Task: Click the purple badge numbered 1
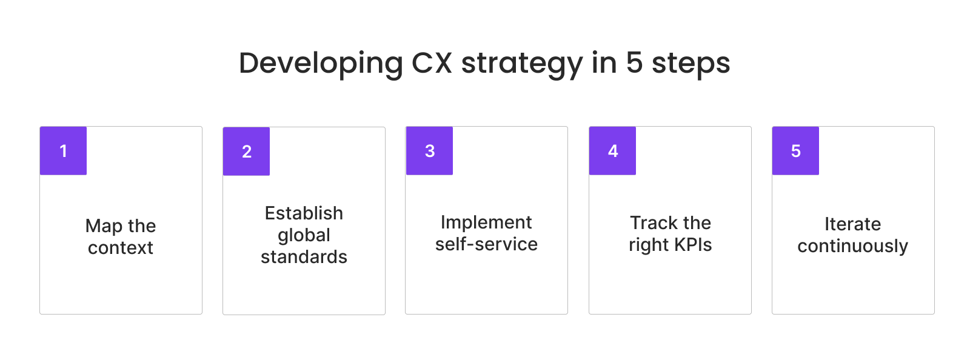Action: click(63, 151)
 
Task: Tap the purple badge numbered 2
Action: click(246, 152)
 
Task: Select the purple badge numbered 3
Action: click(429, 151)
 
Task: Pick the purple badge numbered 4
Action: click(612, 151)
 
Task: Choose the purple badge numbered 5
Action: click(795, 151)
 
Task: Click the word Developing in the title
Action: click(321, 64)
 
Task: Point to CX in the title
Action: click(432, 63)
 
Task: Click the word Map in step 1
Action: click(104, 227)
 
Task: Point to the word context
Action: click(121, 248)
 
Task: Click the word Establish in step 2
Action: click(304, 213)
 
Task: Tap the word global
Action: click(304, 236)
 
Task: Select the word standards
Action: click(304, 257)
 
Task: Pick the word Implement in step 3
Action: click(486, 223)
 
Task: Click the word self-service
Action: click(486, 244)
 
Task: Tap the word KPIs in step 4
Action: click(692, 245)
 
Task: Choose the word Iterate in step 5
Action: click(852, 224)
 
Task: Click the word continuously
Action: click(852, 247)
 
